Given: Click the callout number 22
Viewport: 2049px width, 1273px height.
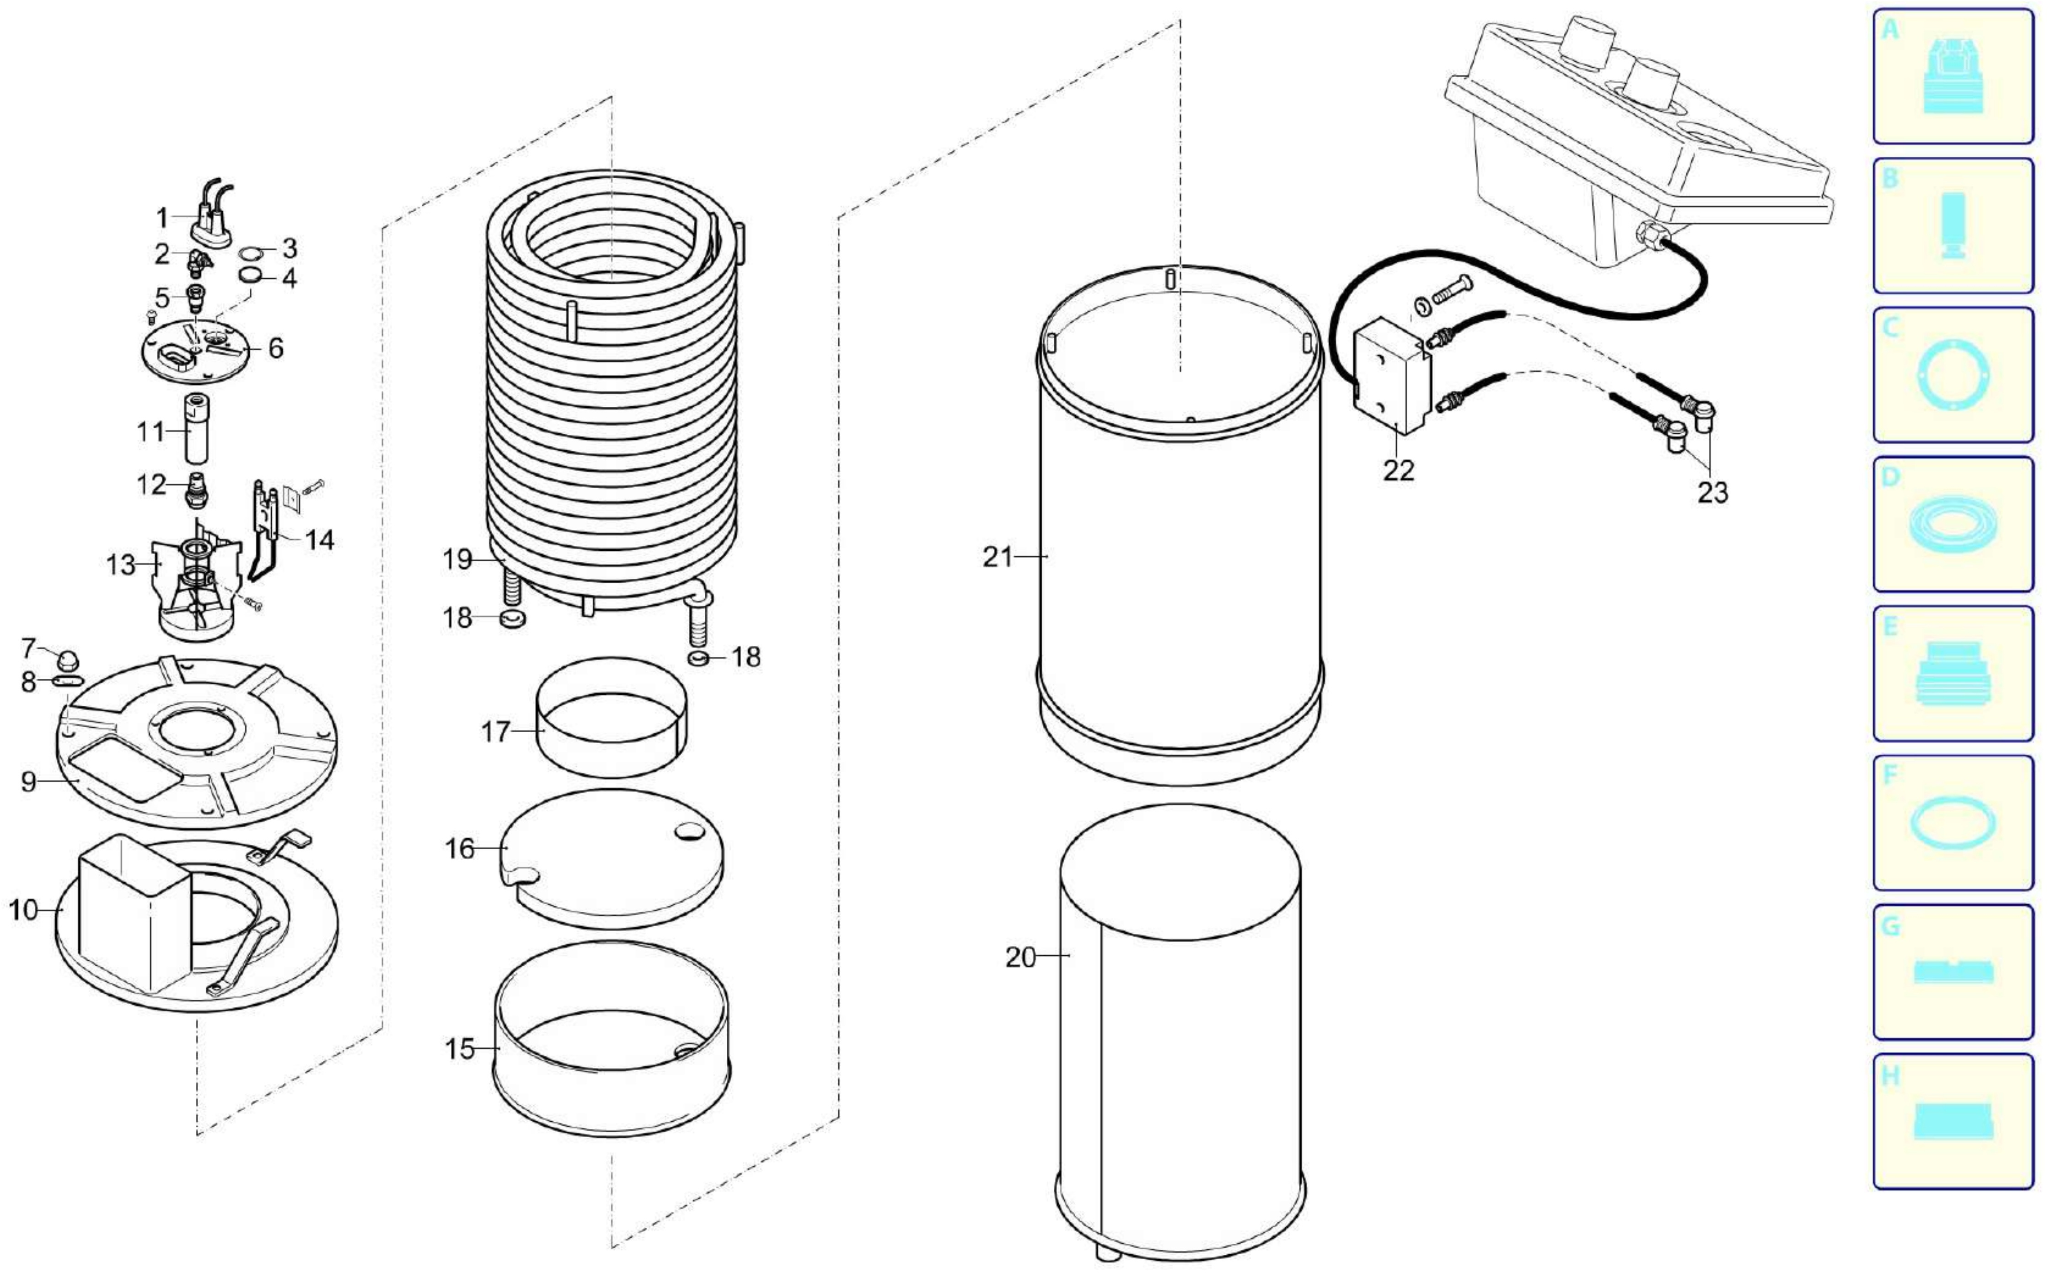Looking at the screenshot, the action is click(1399, 470).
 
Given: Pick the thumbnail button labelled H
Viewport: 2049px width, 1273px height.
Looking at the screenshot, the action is click(1953, 1121).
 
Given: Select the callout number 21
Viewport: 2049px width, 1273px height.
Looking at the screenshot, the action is click(998, 557).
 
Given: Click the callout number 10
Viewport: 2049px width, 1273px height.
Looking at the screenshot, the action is click(24, 910).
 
